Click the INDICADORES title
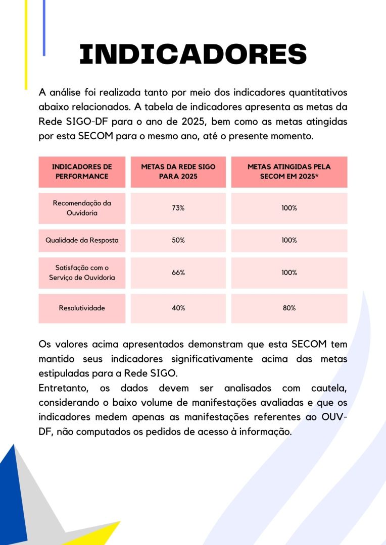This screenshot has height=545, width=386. coord(193,54)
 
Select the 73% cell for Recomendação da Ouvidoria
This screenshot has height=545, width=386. coord(178,208)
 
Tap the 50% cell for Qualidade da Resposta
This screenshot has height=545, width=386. coord(178,240)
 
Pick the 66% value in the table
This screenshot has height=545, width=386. coord(178,272)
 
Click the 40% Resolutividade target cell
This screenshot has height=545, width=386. coord(178,308)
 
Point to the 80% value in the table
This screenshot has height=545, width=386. coord(289,308)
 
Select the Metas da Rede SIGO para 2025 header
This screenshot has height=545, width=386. coord(178,172)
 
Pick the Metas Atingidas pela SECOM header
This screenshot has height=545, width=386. coord(289,172)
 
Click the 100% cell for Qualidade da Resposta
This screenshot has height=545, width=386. coord(289,240)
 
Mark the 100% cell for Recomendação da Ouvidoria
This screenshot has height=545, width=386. coord(289,208)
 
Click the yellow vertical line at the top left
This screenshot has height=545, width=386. coord(26,45)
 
